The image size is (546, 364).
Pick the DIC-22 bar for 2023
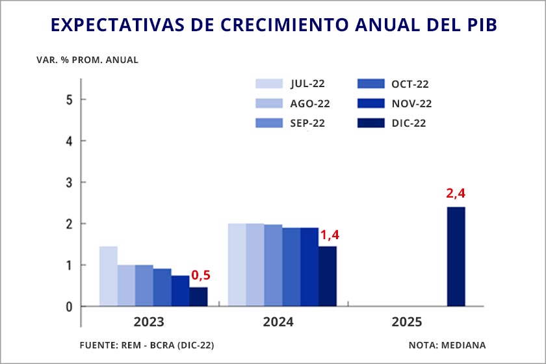click(x=198, y=296)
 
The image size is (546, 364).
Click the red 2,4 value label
click(x=456, y=193)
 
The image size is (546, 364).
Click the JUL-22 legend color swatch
click(x=269, y=83)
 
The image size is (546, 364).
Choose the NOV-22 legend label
click(x=411, y=103)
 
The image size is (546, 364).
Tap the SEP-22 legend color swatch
click(x=269, y=123)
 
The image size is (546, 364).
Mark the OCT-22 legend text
click(x=410, y=84)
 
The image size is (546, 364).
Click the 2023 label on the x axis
click(x=149, y=322)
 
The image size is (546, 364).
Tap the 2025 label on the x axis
click(x=407, y=322)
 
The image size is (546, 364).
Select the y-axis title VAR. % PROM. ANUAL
click(x=88, y=60)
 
